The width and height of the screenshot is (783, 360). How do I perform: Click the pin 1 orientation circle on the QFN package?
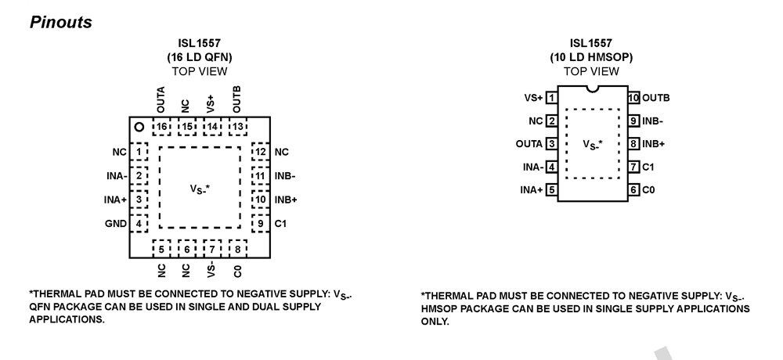[139, 127]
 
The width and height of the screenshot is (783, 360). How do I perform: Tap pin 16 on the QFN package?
[162, 127]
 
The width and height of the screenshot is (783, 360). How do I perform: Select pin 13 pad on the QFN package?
[237, 127]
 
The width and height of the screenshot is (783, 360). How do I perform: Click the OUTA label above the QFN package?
[161, 101]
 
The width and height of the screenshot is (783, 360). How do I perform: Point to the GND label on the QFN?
[115, 224]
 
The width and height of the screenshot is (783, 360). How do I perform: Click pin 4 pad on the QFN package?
[139, 224]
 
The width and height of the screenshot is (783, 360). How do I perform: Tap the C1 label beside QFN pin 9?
[281, 224]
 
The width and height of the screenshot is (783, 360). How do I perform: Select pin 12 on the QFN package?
[261, 151]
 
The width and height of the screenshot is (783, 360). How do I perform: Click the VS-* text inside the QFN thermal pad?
[200, 189]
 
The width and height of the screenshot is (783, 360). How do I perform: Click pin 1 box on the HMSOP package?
[551, 98]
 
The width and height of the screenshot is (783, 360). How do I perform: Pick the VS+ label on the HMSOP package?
[532, 98]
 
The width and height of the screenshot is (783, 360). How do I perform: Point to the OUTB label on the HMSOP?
[656, 98]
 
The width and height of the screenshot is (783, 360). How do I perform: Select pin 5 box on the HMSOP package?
[551, 189]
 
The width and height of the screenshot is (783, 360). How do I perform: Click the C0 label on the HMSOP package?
[650, 189]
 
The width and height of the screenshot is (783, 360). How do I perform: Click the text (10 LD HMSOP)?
[592, 56]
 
